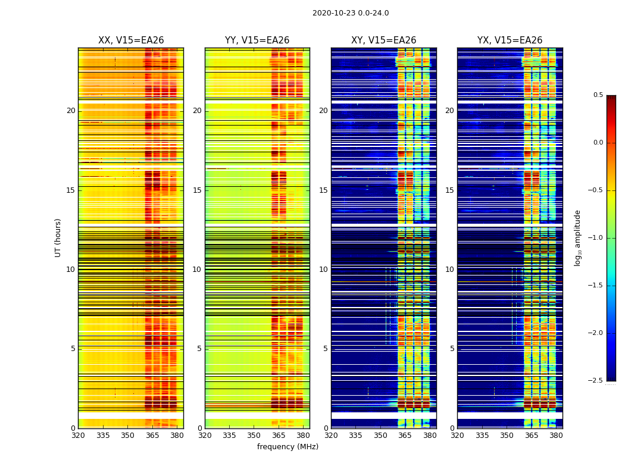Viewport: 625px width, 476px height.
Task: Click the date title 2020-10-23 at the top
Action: coord(350,13)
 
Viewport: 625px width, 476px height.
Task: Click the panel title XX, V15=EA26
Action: coord(131,40)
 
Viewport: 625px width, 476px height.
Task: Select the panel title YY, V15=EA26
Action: coord(257,40)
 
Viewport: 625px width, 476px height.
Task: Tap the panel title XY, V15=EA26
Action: coord(383,40)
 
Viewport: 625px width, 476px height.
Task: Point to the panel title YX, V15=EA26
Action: coord(510,40)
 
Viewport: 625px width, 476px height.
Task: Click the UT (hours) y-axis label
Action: coord(58,237)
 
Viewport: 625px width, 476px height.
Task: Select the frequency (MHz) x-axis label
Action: coord(287,447)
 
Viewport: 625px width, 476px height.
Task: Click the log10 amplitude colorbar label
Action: coord(577,237)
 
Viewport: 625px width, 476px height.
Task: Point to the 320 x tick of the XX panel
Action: coord(78,436)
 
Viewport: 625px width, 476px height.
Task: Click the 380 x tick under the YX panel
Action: coord(556,436)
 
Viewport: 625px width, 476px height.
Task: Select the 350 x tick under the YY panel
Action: coord(254,436)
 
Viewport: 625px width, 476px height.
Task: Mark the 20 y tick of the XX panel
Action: coord(71,111)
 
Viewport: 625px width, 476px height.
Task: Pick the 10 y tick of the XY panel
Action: coord(323,270)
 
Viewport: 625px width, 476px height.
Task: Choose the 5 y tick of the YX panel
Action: coord(452,349)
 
